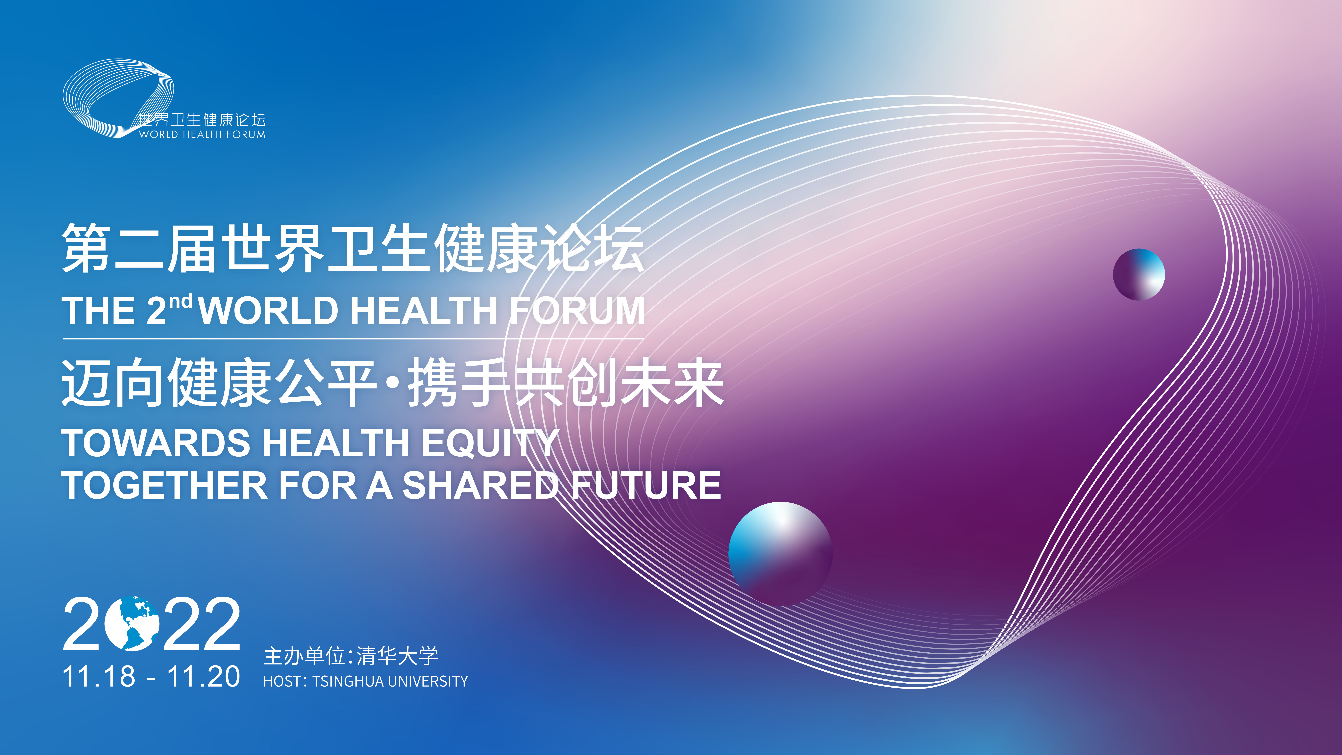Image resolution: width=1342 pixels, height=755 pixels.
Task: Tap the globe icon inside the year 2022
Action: tap(132, 624)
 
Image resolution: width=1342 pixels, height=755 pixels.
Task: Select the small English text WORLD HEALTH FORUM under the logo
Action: tap(202, 134)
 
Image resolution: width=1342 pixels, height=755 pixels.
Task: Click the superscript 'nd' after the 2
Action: tap(181, 301)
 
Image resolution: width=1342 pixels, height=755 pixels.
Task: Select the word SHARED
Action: tap(480, 485)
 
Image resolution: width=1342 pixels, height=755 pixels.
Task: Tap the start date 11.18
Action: tap(98, 676)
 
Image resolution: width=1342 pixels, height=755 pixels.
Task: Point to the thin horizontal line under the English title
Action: tap(353, 339)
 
